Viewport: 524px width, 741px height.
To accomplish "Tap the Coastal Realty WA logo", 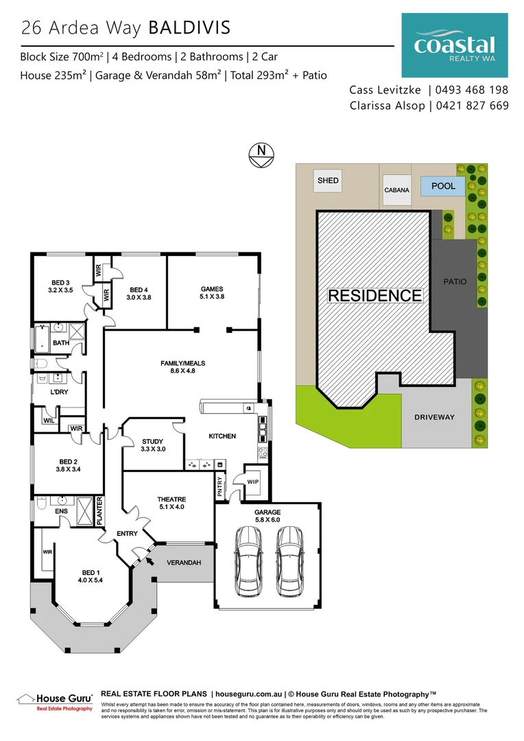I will coord(455,46).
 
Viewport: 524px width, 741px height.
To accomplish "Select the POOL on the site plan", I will coord(443,186).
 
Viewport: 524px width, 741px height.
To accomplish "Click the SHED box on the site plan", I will coord(328,181).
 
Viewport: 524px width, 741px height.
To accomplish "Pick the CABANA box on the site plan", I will coord(397,189).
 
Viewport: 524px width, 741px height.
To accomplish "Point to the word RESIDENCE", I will coord(375,296).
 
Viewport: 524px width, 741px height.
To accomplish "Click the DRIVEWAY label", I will coord(436,417).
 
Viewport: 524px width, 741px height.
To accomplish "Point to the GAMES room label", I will coord(212,289).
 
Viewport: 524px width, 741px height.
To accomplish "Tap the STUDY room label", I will coord(152,442).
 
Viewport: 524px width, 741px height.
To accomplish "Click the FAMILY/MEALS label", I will coord(183,364).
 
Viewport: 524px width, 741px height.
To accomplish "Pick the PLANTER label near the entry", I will coord(99,511).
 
